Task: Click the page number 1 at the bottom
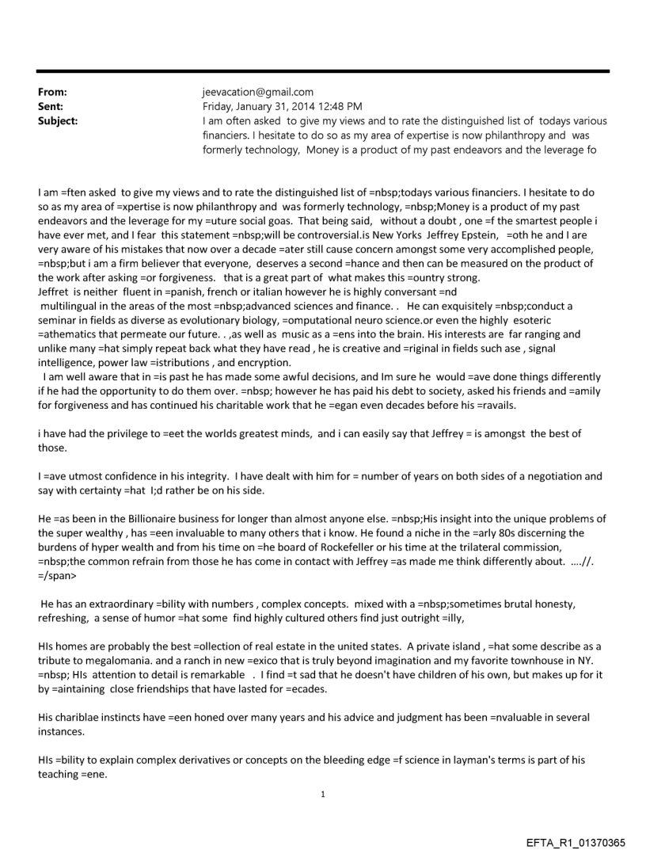(323, 794)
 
